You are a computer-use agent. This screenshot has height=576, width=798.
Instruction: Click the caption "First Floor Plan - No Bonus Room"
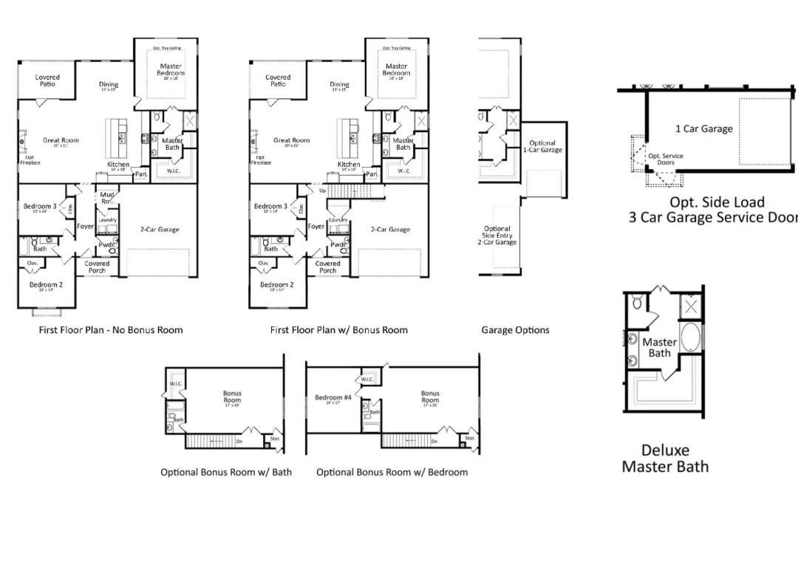click(111, 330)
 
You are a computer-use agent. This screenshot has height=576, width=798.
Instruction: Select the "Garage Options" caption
click(515, 330)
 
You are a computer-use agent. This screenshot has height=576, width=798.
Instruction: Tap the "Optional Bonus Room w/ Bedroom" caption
click(392, 472)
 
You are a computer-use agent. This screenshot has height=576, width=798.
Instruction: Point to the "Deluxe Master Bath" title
click(665, 458)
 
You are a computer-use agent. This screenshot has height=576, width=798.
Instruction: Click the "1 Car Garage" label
click(703, 128)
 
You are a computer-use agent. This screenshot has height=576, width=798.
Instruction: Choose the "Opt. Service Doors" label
click(666, 159)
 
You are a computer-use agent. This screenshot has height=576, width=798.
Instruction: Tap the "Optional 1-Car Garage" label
click(542, 146)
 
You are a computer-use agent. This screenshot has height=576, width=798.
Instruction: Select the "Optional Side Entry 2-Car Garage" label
click(497, 236)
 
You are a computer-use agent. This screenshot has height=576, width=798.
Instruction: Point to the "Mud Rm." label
click(106, 198)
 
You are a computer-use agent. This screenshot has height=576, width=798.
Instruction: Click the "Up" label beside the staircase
click(322, 191)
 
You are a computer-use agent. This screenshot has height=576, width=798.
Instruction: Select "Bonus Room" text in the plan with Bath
click(232, 397)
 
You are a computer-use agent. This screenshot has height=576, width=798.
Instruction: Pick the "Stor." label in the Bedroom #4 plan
click(470, 438)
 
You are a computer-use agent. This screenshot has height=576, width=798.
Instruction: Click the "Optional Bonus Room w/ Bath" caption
click(226, 472)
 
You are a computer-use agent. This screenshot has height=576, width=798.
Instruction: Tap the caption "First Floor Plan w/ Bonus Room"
click(338, 330)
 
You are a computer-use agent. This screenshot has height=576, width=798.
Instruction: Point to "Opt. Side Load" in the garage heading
click(706, 202)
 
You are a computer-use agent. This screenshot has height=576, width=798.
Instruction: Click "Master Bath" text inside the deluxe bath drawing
click(659, 347)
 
